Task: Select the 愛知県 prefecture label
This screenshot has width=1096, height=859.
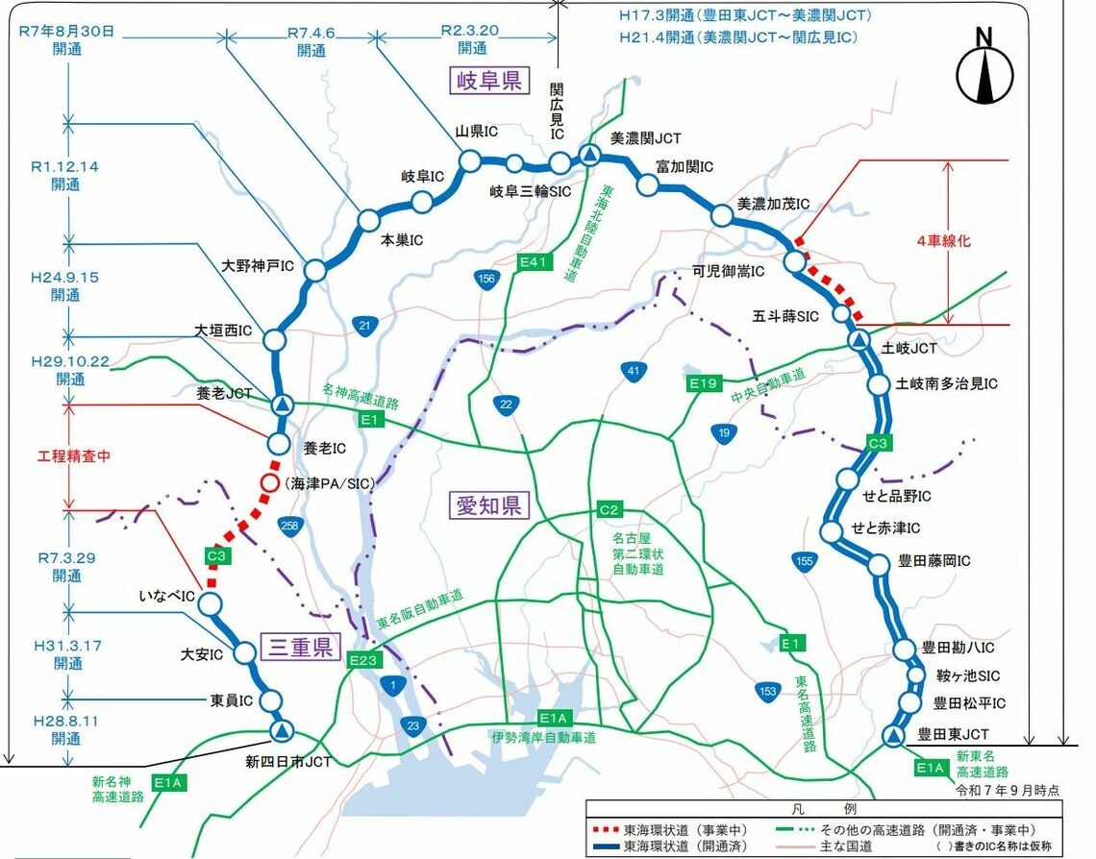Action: pyautogui.click(x=488, y=505)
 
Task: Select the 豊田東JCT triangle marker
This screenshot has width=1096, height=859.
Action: pyautogui.click(x=893, y=737)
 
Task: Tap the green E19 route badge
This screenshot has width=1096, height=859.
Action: pyautogui.click(x=704, y=383)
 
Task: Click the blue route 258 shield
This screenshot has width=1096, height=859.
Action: pyautogui.click(x=287, y=525)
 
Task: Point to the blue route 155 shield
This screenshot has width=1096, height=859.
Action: pyautogui.click(x=806, y=560)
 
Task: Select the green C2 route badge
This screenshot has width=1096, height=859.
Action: pyautogui.click(x=610, y=508)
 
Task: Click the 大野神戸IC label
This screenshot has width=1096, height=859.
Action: pyautogui.click(x=258, y=265)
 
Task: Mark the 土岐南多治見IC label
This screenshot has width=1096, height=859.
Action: pyautogui.click(x=947, y=383)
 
